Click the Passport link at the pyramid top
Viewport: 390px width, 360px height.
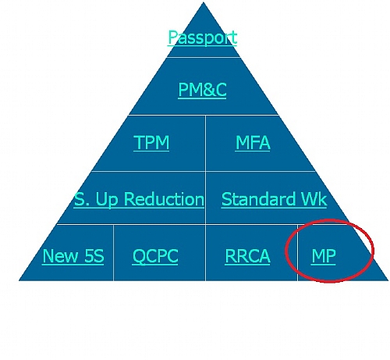(202, 37)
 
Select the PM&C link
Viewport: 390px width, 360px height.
(202, 90)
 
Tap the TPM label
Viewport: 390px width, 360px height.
(151, 142)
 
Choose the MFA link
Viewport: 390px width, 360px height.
(253, 142)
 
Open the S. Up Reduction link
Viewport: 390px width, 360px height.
(139, 199)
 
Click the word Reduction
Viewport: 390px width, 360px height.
(164, 199)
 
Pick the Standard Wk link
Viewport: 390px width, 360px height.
(274, 199)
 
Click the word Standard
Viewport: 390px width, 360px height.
(258, 199)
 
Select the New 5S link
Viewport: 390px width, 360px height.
(73, 256)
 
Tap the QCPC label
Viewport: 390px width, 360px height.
(155, 256)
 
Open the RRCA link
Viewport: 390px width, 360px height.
(247, 256)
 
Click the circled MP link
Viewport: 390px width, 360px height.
(324, 256)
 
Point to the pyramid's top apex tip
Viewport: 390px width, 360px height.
(204, 2)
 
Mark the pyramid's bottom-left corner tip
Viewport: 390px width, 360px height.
(19, 280)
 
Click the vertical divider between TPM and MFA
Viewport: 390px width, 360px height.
(205, 143)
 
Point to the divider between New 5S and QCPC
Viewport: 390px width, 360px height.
(113, 253)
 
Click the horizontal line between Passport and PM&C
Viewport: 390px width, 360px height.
(203, 57)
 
